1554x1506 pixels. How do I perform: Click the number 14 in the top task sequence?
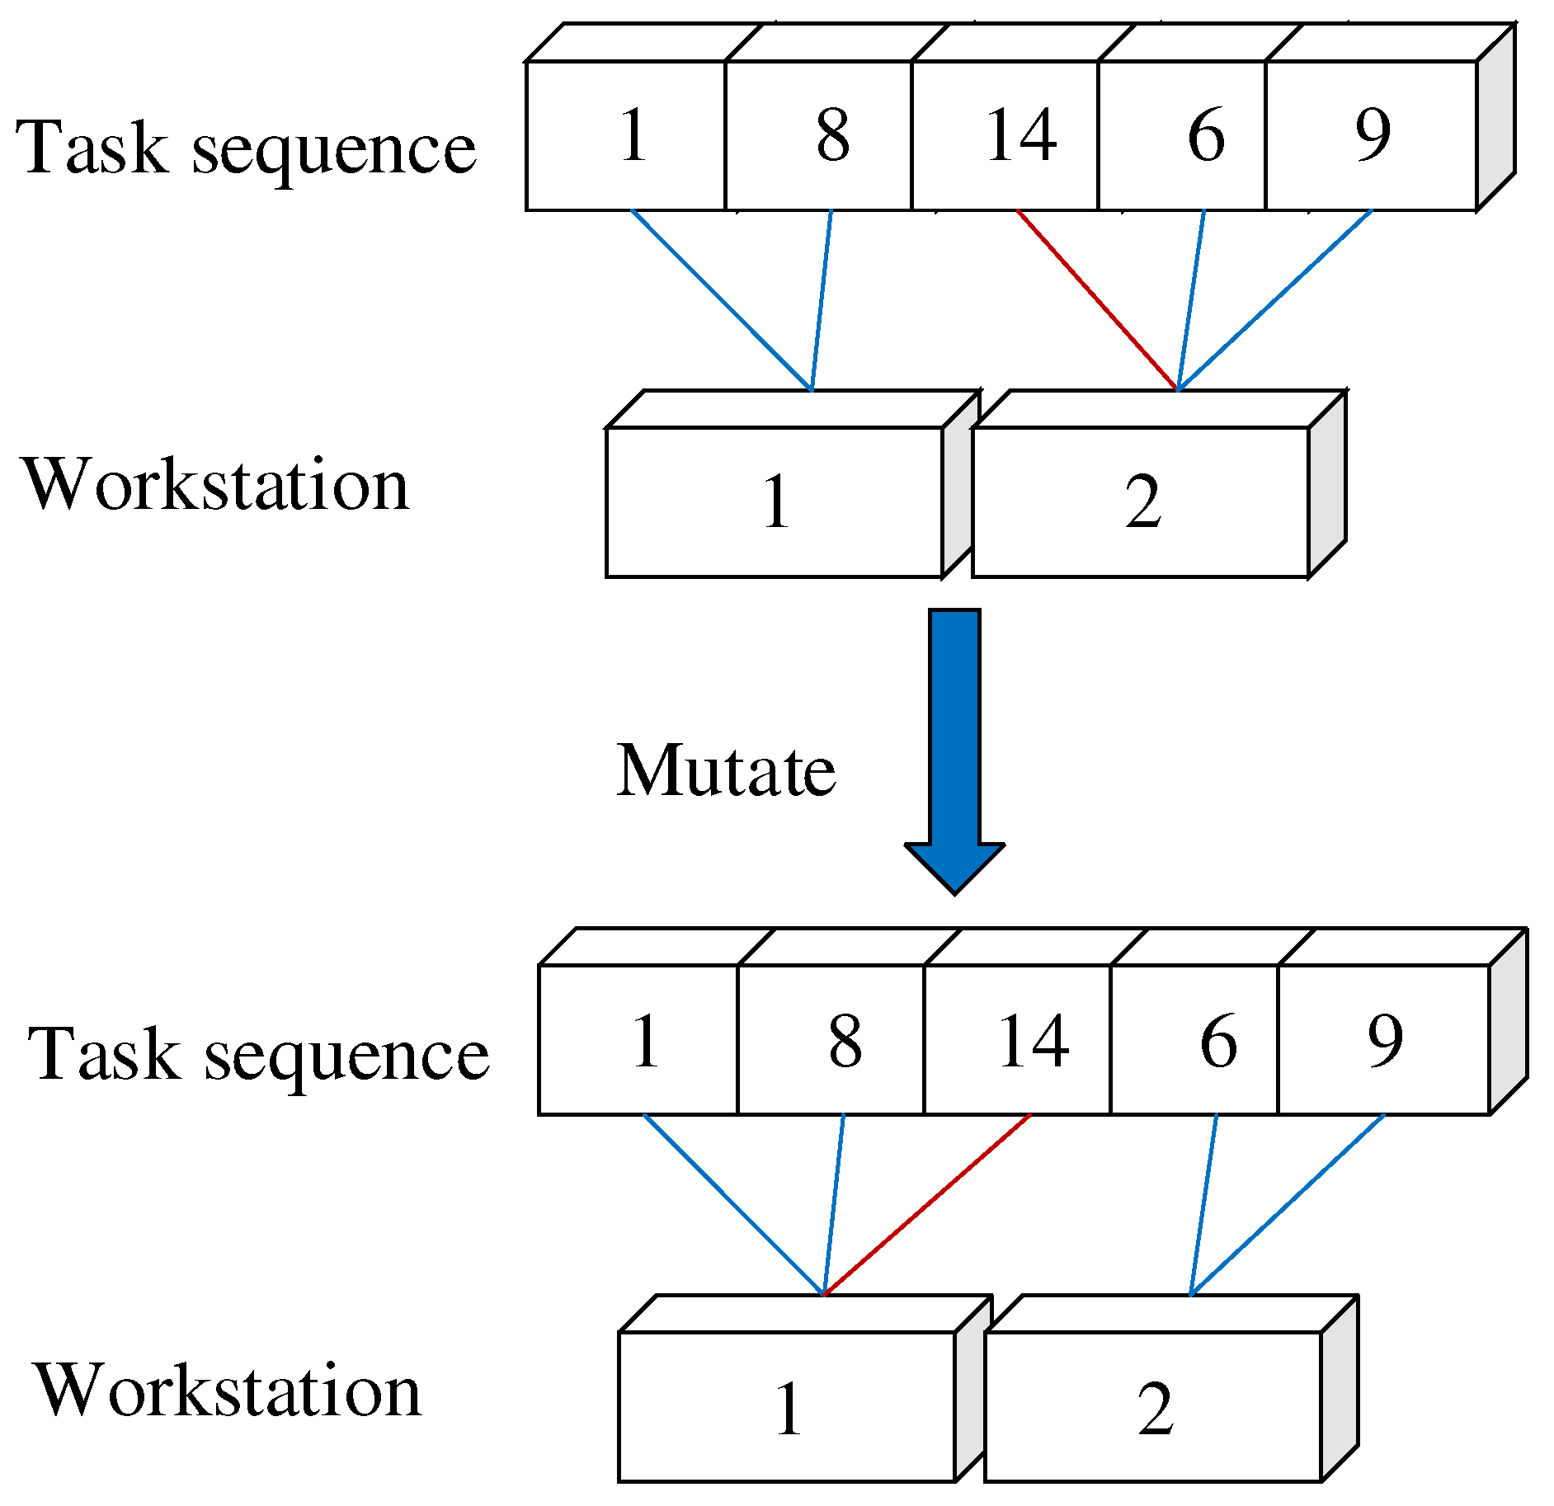[x=1020, y=135]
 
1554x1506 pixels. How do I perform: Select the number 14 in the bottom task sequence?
[x=1033, y=1041]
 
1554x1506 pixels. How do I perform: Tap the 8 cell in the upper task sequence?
[x=831, y=135]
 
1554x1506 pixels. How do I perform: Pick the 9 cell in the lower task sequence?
[x=1384, y=1041]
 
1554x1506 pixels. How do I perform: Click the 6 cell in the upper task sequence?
[x=1204, y=135]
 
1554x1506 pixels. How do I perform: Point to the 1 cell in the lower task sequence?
[x=644, y=1041]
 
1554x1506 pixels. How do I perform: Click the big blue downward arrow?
[x=954, y=742]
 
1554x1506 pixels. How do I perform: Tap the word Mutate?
[x=726, y=771]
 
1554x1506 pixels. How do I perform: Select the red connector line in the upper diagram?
[x=1097, y=300]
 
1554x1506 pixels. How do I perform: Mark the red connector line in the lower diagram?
[x=928, y=1204]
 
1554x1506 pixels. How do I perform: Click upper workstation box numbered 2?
[x=1142, y=501]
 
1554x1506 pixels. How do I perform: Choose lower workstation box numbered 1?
[x=787, y=1407]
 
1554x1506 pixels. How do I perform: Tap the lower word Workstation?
[x=228, y=1391]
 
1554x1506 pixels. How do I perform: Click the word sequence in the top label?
[x=334, y=148]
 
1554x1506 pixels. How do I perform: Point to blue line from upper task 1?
[x=722, y=300]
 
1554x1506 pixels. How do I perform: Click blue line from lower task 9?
[x=1287, y=1204]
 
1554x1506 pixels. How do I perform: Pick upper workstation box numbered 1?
[x=775, y=501]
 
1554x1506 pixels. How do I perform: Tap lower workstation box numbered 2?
[x=1153, y=1407]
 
